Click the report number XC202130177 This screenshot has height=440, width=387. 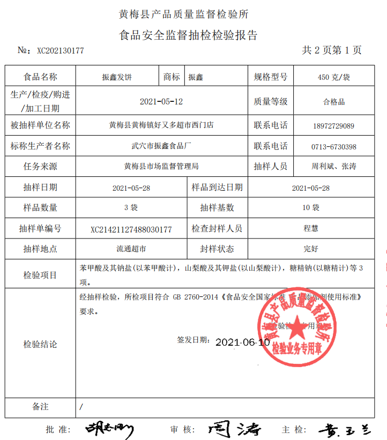tap(60, 51)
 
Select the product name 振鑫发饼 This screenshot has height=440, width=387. tap(117, 77)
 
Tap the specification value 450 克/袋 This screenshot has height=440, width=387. tap(333, 77)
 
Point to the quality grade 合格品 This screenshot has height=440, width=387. tap(333, 101)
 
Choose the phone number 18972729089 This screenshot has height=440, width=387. tap(333, 126)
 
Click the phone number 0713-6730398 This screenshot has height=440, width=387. tap(333, 146)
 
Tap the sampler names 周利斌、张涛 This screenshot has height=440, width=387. tap(333, 167)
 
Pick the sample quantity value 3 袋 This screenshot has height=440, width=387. tap(131, 207)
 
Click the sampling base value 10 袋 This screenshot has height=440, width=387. tap(311, 207)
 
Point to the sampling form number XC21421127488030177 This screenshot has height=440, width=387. tap(131, 229)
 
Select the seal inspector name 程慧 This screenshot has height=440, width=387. tap(311, 228)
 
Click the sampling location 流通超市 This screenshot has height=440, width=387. tap(131, 249)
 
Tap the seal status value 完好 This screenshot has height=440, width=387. tap(311, 249)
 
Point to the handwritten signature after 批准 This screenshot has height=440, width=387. tap(109, 429)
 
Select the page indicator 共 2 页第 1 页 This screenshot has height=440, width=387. tap(332, 50)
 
